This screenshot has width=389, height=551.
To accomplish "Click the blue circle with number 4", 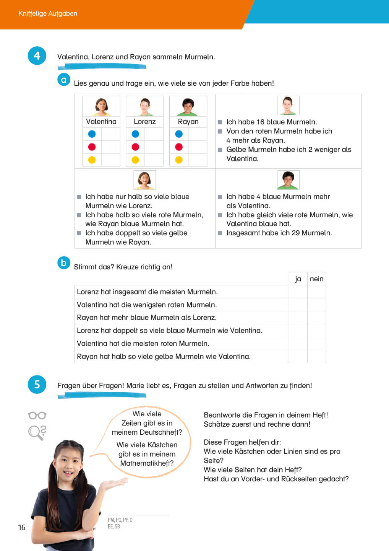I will (x=37, y=56).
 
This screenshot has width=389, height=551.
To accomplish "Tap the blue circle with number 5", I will (x=37, y=384).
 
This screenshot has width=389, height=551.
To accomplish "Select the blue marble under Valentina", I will (x=92, y=134).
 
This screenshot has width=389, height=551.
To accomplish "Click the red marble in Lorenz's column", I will (x=135, y=147).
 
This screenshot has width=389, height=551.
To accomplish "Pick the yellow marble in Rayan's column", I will (x=179, y=160).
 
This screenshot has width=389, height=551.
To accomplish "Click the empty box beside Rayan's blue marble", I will (x=198, y=134).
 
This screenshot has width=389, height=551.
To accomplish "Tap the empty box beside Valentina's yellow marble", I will (x=110, y=160).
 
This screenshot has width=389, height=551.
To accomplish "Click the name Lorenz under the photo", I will (x=144, y=122).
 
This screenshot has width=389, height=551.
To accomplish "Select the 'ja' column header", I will (x=298, y=279).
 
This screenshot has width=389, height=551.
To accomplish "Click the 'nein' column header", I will (x=316, y=279).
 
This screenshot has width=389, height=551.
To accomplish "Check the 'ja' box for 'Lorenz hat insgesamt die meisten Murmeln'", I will (x=298, y=292).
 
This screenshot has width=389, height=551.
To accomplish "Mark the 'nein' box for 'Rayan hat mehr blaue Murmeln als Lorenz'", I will (x=316, y=318).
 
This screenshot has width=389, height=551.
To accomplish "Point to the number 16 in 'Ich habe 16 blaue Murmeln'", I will (x=261, y=122).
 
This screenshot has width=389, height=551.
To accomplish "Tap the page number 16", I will (x=22, y=527).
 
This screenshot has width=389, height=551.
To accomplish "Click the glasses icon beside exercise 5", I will (x=37, y=416).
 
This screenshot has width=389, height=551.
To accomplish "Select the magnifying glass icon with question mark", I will (x=37, y=432).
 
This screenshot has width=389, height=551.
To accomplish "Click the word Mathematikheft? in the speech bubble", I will (x=147, y=463).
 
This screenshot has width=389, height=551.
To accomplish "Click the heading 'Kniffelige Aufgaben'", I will (x=48, y=13).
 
